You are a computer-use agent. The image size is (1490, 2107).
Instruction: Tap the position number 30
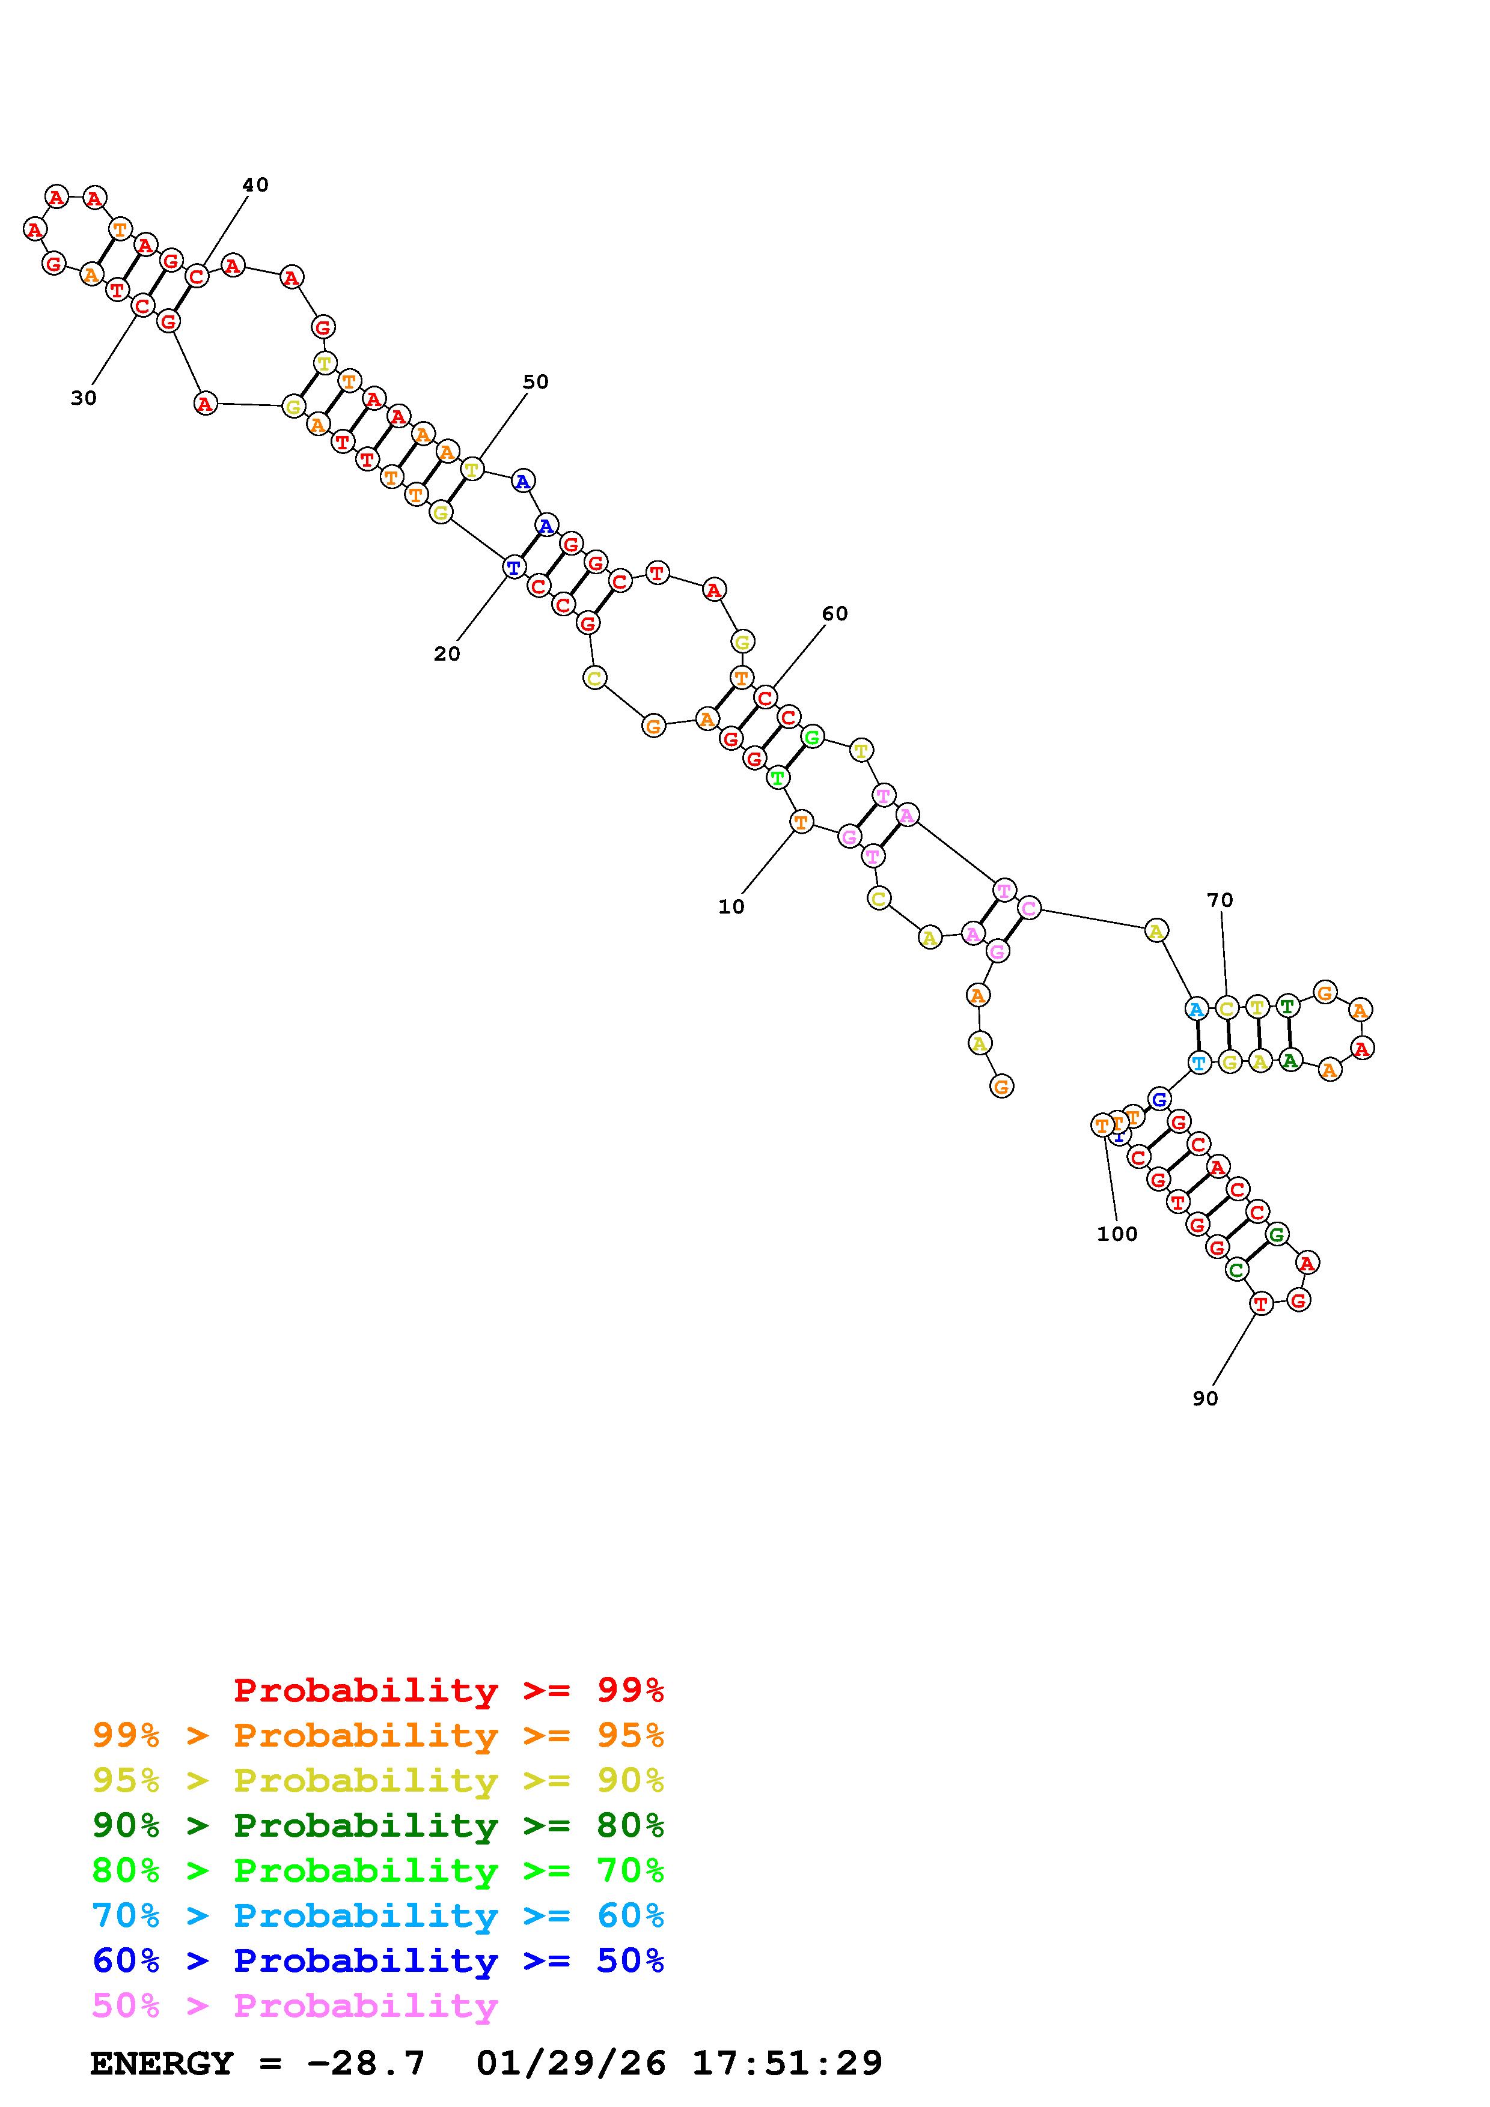coord(84,398)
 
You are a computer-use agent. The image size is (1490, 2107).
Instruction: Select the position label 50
coord(535,383)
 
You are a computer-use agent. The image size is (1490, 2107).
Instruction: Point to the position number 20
coord(447,654)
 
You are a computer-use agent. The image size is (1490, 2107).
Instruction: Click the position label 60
coord(834,614)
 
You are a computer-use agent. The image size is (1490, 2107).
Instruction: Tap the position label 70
coord(1220,900)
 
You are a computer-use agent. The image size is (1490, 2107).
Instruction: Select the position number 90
coord(1206,1398)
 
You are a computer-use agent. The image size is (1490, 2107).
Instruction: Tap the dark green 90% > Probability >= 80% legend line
coord(378,1825)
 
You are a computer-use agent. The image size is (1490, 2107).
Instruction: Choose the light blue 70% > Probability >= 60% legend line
coord(378,1916)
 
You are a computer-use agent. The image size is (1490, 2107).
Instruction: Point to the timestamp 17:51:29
coord(787,2063)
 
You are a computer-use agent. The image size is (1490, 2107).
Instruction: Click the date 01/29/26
coord(571,2063)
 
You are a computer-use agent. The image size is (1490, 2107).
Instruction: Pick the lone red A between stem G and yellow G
coord(206,403)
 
